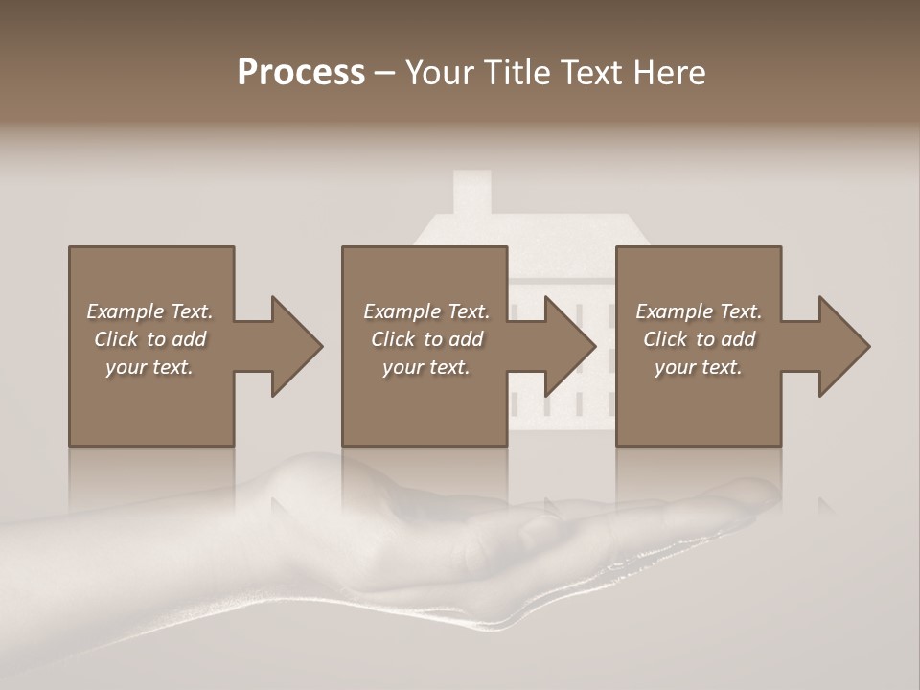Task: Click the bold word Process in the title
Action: pyautogui.click(x=301, y=73)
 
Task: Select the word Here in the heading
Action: pyautogui.click(x=668, y=73)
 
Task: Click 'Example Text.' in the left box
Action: pyautogui.click(x=149, y=311)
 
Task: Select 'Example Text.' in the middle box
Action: pyautogui.click(x=425, y=311)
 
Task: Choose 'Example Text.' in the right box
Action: pyautogui.click(x=699, y=311)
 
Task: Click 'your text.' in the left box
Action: pyautogui.click(x=149, y=367)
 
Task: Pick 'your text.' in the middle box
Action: pyautogui.click(x=425, y=367)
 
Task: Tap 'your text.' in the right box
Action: pyautogui.click(x=699, y=367)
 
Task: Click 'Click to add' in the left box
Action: pyautogui.click(x=149, y=339)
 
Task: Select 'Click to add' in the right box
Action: pyautogui.click(x=699, y=339)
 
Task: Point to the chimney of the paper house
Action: pyautogui.click(x=471, y=191)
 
